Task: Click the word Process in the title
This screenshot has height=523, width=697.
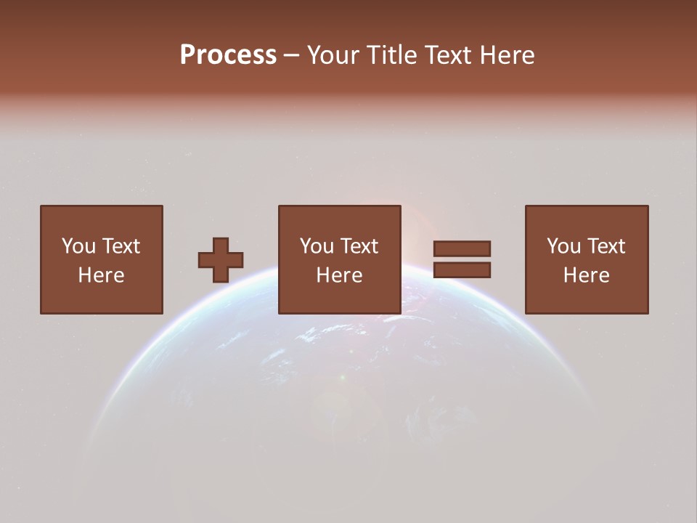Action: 228,54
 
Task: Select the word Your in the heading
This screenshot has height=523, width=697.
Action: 335,54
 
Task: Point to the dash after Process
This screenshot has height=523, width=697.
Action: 291,56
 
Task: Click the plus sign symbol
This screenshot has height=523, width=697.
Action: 221,260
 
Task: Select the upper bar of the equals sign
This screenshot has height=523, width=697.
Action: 462,248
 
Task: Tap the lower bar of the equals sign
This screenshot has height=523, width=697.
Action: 462,270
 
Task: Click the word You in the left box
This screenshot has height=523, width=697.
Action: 78,246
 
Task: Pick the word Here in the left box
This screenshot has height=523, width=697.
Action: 101,275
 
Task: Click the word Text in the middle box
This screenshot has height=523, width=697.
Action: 359,246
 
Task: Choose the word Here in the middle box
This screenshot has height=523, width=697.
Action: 339,275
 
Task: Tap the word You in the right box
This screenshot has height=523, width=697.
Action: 563,246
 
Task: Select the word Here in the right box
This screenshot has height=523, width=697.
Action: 586,275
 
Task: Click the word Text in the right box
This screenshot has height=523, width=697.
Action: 606,246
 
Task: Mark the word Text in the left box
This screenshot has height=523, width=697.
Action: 121,246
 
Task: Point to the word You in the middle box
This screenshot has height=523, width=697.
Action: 317,246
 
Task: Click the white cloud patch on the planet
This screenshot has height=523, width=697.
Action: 319,334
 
